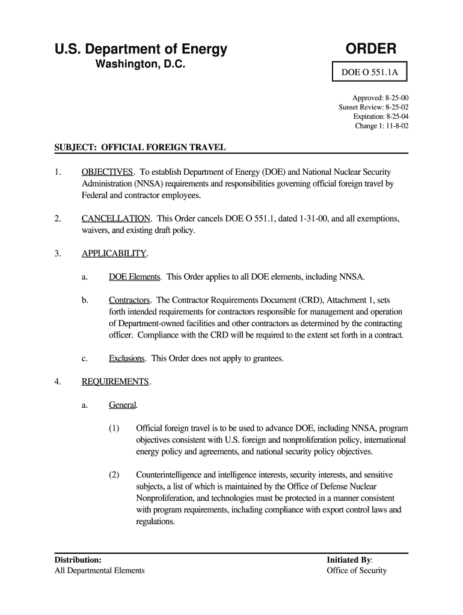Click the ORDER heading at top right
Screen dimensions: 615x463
pos(370,49)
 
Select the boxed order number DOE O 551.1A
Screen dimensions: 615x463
pos(370,73)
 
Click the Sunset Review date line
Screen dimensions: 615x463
pos(373,107)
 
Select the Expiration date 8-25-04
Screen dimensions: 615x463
pos(381,117)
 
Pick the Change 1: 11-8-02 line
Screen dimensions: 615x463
pos(382,126)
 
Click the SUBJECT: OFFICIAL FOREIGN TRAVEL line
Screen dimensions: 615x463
pos(140,147)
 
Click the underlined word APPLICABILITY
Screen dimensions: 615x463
pos(114,253)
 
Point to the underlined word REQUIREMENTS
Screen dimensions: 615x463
pos(115,381)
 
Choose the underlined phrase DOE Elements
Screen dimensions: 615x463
pos(135,277)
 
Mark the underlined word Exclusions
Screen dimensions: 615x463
pos(127,359)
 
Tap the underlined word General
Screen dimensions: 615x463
pos(123,405)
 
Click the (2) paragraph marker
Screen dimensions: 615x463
pos(114,475)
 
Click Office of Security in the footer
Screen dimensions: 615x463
pos(357,571)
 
